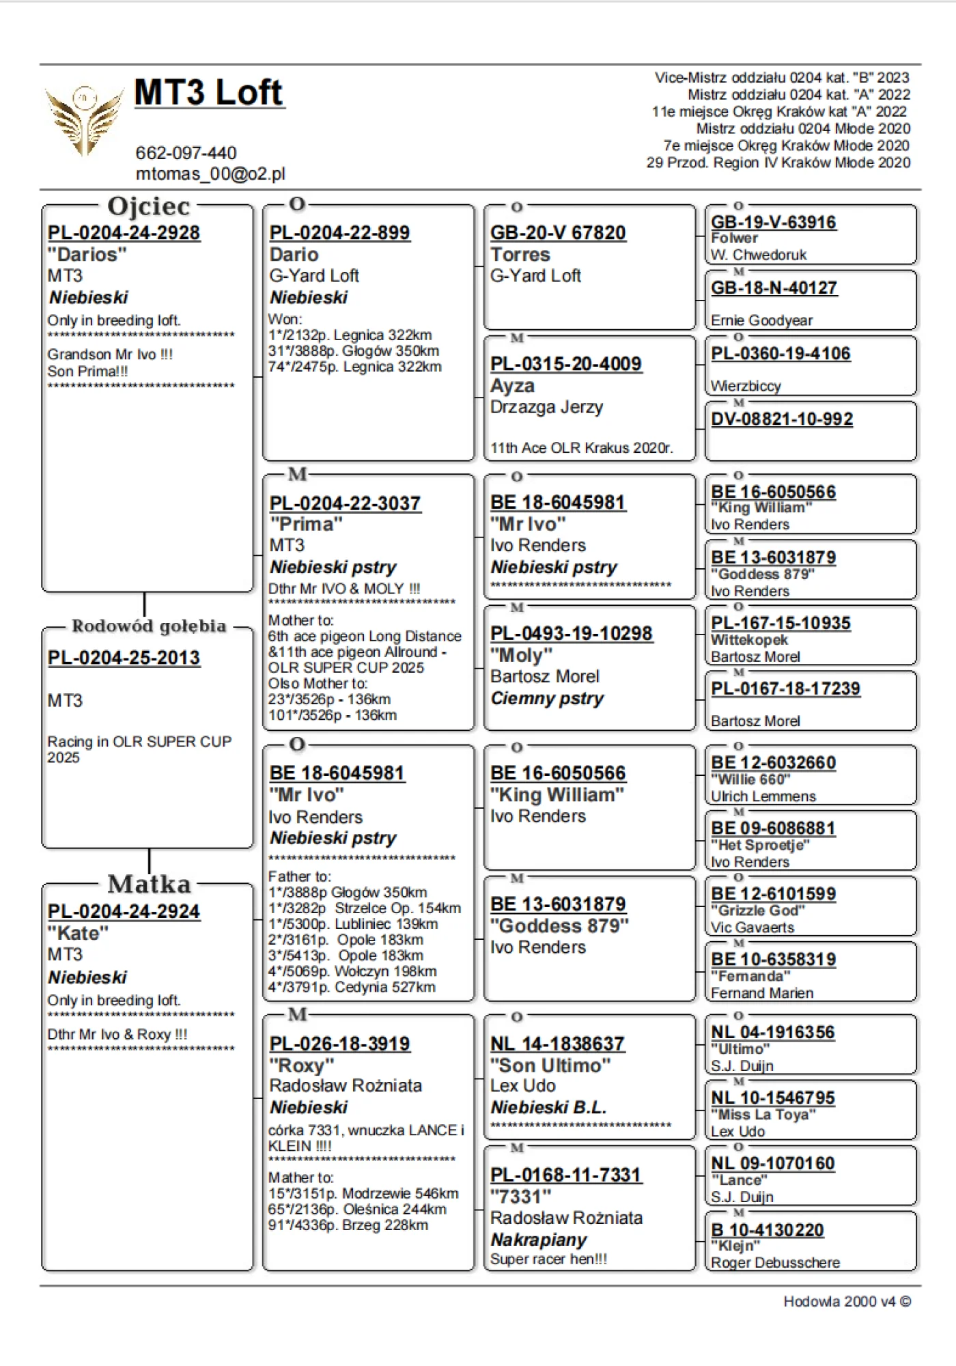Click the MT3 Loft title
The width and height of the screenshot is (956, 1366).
(208, 92)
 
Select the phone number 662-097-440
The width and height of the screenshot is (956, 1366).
(186, 153)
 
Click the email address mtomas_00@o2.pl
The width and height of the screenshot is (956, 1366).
(210, 174)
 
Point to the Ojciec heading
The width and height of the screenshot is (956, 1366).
(148, 206)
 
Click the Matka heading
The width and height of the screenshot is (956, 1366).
(149, 884)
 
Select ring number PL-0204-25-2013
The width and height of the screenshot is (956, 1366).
(124, 658)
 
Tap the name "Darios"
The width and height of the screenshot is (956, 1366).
(87, 255)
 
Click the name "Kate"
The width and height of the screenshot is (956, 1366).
(78, 934)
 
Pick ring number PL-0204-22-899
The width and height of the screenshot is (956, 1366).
(339, 233)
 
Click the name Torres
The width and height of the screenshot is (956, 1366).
(520, 255)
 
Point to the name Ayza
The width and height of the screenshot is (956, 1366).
(512, 386)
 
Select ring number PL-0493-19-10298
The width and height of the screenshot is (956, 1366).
(571, 634)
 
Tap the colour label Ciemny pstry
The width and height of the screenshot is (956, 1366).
(547, 699)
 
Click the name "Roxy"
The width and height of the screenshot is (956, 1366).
(302, 1066)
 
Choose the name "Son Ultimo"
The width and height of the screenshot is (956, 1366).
(550, 1065)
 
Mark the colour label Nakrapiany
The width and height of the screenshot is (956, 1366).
(539, 1240)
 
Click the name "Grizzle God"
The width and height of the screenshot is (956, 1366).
(758, 911)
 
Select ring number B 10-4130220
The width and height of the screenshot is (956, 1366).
(768, 1230)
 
